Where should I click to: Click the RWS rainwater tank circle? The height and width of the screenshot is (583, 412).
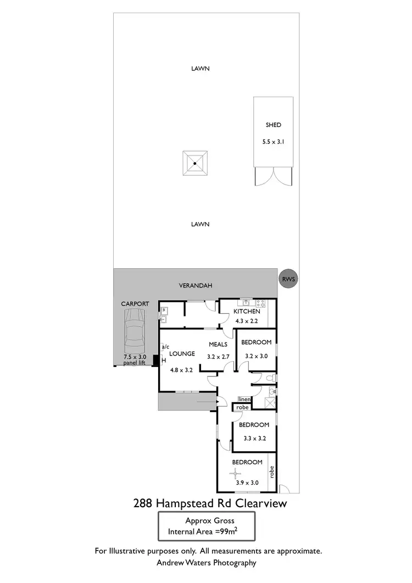(x=288, y=280)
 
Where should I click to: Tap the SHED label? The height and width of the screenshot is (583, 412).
(x=274, y=125)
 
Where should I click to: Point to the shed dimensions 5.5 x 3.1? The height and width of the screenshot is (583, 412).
(x=274, y=141)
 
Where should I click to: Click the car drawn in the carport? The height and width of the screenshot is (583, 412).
(x=135, y=333)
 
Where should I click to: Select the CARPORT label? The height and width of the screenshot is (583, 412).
(x=135, y=303)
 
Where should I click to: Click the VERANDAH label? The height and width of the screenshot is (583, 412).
(x=196, y=286)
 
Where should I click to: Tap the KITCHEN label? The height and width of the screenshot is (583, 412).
(x=246, y=311)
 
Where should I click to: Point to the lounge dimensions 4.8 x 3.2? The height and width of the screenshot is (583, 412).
(x=181, y=370)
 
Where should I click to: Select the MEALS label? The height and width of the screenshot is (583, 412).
(x=219, y=345)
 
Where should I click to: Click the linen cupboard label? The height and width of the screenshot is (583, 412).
(x=244, y=399)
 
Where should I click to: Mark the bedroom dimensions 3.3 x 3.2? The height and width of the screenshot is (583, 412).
(x=254, y=438)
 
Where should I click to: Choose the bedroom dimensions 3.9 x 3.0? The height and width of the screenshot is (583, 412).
(x=247, y=482)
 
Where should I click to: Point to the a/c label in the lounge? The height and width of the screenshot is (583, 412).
(x=165, y=347)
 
